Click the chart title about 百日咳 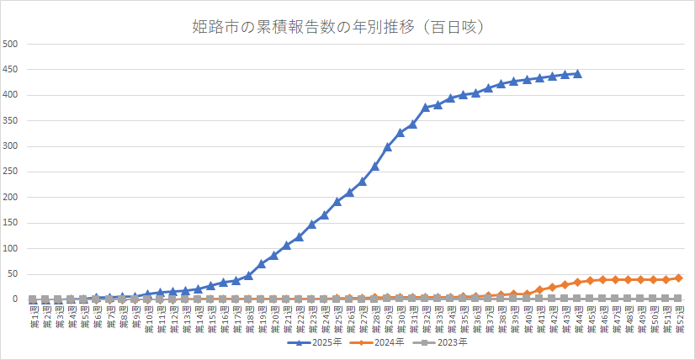(348, 27)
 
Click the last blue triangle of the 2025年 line (577, 74)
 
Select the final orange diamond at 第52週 (678, 278)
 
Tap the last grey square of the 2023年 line (678, 299)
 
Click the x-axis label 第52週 (678, 318)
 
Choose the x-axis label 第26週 (349, 318)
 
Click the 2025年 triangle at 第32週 (426, 107)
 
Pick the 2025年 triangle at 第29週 (388, 147)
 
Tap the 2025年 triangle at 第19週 (261, 264)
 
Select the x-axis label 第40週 (527, 318)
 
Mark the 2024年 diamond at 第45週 (590, 280)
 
